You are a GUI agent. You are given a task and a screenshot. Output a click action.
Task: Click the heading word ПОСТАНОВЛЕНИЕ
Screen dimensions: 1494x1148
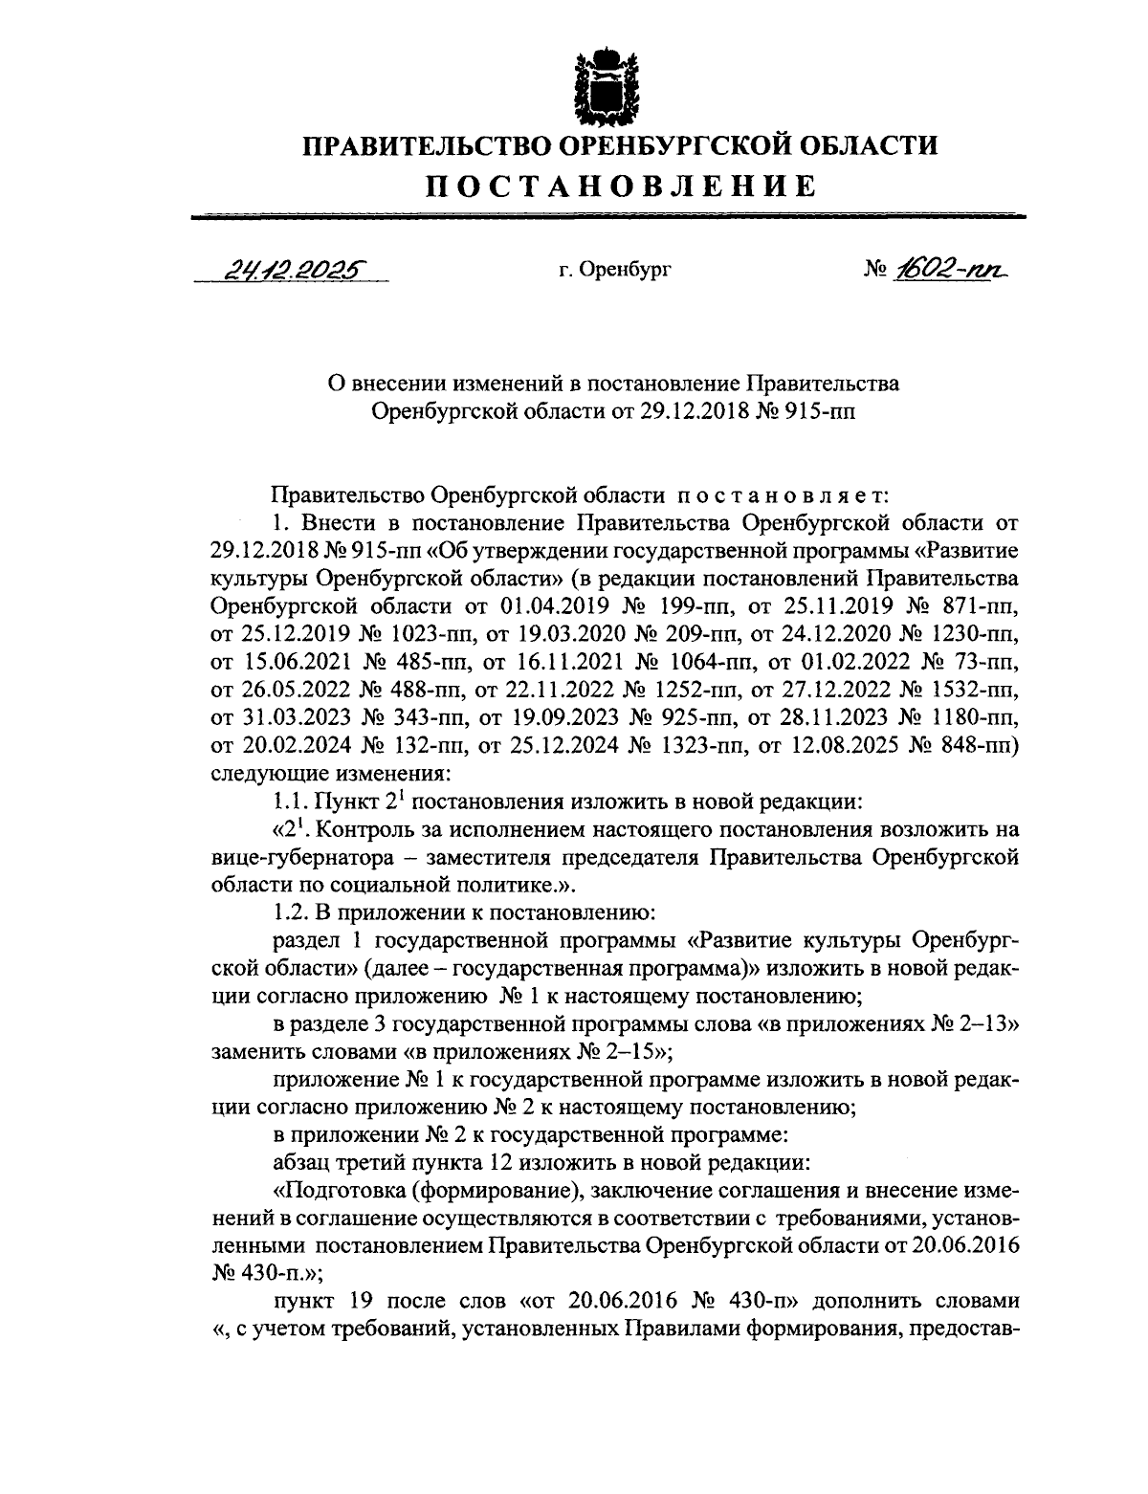point(621,185)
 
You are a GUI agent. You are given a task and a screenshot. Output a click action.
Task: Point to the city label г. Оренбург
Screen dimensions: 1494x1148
point(615,271)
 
